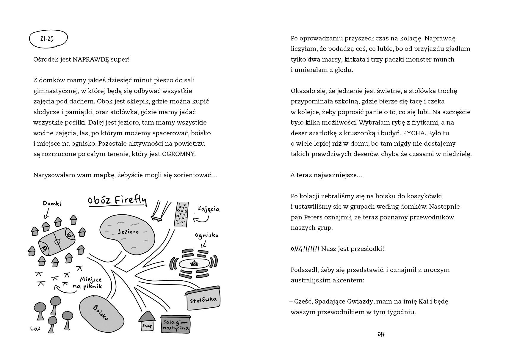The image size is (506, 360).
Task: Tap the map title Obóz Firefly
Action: [x=117, y=200]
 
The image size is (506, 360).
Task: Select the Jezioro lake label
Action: [x=128, y=232]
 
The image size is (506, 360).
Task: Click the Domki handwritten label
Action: [x=52, y=204]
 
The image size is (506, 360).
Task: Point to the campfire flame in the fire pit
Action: [x=195, y=263]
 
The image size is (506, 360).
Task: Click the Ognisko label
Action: [x=206, y=235]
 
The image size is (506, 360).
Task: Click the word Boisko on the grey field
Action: [x=101, y=312]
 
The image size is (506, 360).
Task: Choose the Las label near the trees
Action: [x=35, y=328]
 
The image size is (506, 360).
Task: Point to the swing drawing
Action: [x=157, y=211]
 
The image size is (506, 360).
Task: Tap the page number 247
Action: [x=381, y=334]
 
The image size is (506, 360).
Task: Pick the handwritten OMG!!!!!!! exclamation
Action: [x=305, y=249]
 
